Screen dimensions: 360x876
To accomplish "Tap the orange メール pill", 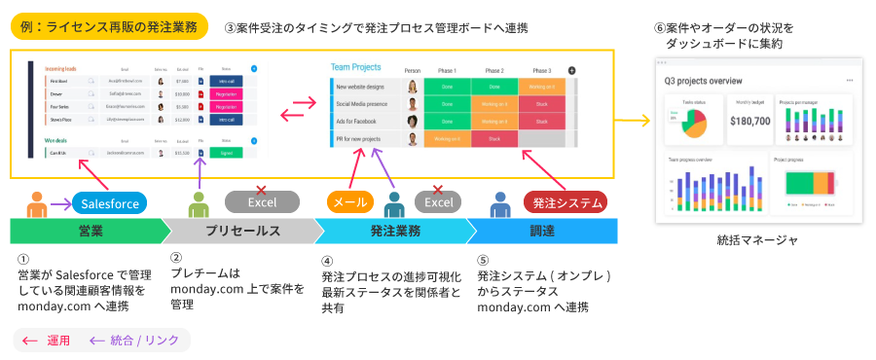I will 350,202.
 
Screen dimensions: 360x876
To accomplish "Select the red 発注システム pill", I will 566,202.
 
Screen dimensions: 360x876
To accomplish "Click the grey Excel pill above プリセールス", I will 262,202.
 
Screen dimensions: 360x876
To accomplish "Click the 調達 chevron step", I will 543,232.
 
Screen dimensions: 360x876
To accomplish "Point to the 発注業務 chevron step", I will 394,232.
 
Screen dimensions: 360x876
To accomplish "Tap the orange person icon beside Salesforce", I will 38,204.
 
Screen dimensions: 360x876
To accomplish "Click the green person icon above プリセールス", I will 199,204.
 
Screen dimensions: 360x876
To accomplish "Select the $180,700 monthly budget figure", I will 748,121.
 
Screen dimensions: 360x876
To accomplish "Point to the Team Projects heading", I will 355,67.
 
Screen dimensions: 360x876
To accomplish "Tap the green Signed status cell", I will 225,153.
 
